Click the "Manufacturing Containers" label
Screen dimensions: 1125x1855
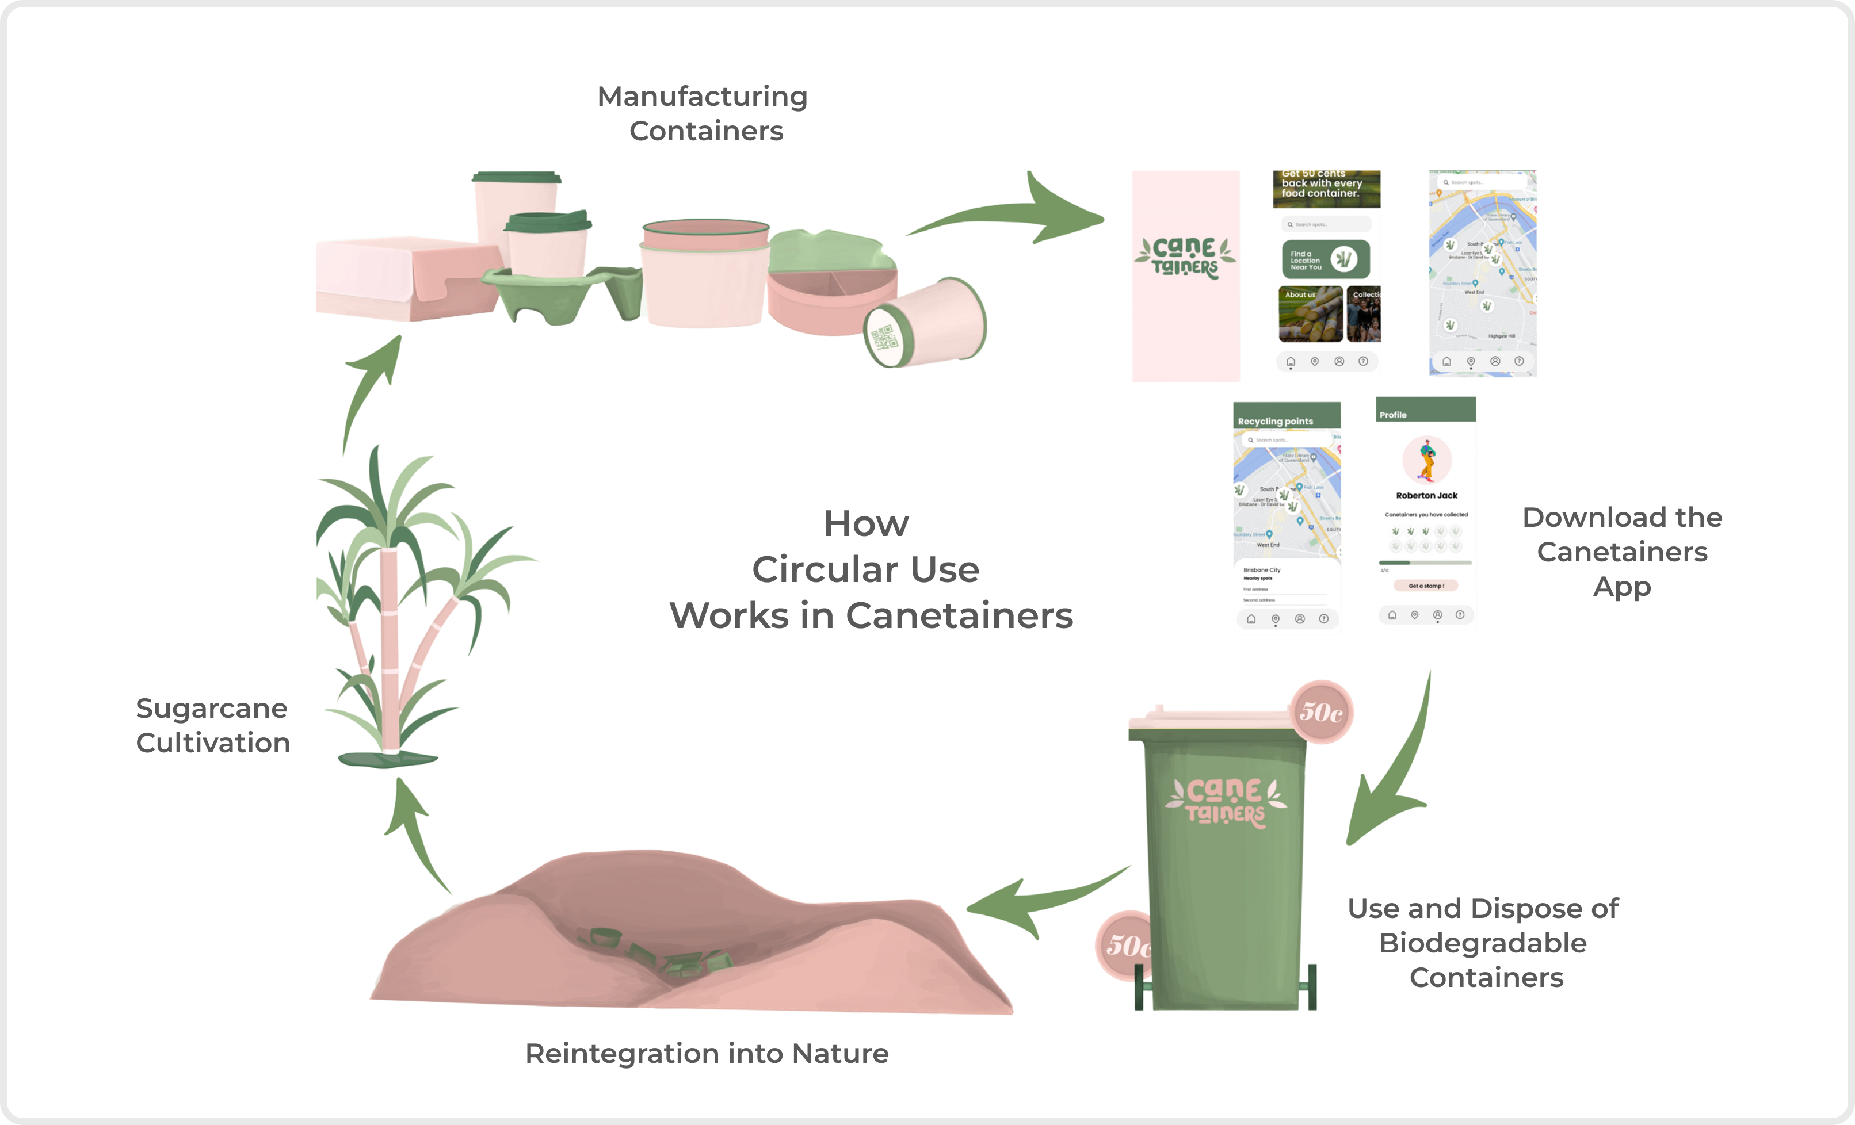703,114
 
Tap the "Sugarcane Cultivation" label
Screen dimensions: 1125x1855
213,725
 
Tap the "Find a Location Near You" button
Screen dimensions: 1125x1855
1325,259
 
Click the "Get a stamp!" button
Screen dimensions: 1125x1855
1425,586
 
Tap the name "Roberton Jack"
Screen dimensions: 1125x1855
1426,495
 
